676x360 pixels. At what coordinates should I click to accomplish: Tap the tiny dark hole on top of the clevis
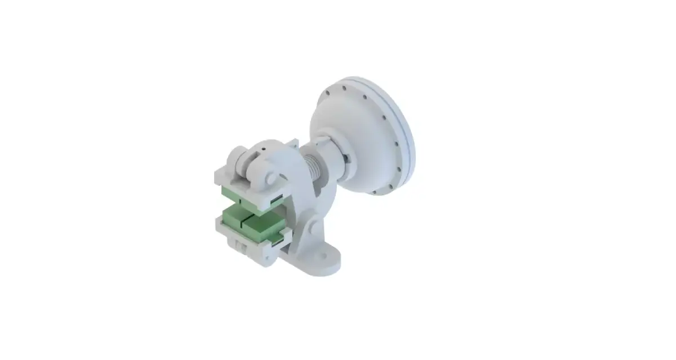coord(263,149)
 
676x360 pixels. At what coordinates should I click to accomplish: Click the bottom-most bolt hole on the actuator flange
coord(375,192)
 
